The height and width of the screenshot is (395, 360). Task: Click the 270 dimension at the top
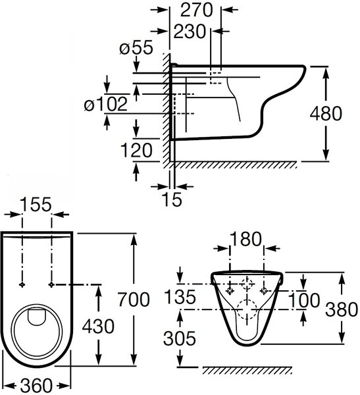tap(197, 11)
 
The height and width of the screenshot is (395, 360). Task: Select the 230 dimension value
tap(190, 32)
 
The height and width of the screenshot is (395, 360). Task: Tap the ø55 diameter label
tap(136, 47)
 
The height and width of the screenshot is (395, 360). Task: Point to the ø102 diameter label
tap(106, 104)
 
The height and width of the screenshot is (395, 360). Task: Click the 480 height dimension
tap(326, 113)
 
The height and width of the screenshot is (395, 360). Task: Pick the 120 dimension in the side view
tap(136, 150)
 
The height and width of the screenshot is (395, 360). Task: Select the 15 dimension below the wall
tap(172, 199)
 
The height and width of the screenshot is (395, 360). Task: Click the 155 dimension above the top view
tap(36, 204)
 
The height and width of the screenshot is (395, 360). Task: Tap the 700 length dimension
tap(134, 300)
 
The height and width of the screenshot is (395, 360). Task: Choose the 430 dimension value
tap(98, 327)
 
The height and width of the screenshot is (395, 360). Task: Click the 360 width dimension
tap(36, 385)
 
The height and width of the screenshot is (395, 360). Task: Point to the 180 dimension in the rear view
tap(246, 239)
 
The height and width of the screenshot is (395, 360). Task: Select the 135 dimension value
tap(180, 296)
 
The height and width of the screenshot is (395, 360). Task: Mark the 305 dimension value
tap(180, 338)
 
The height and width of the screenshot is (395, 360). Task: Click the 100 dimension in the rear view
tap(303, 300)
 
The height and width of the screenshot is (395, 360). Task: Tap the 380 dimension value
tap(342, 309)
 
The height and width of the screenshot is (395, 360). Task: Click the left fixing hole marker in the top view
tap(22, 284)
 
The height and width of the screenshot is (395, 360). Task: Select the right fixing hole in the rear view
tap(264, 291)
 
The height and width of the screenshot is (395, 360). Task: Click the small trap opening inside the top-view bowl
tap(37, 317)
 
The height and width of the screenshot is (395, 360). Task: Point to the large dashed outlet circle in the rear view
tap(247, 309)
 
